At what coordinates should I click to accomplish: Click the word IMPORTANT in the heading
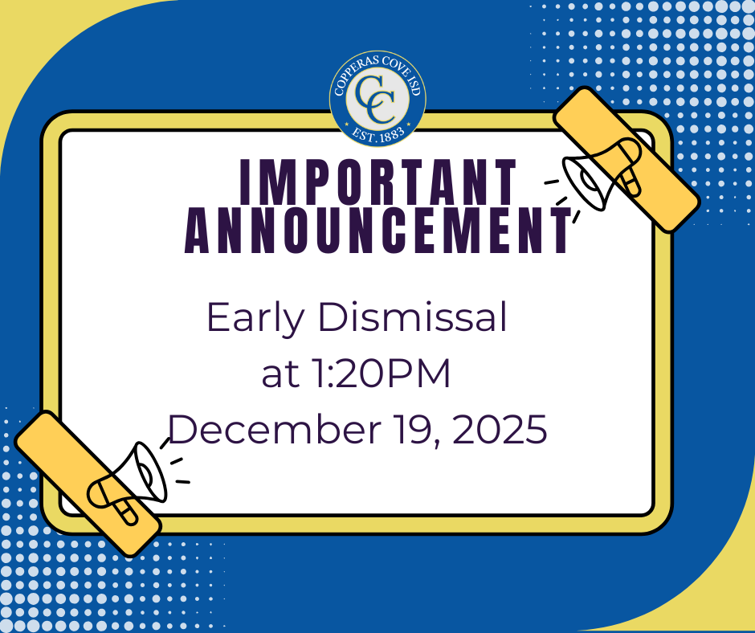point(378,183)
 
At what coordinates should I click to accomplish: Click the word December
point(269,430)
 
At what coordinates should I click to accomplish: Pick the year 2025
point(500,430)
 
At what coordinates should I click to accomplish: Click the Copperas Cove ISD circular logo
point(377,98)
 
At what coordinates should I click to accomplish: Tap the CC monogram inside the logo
point(377,98)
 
